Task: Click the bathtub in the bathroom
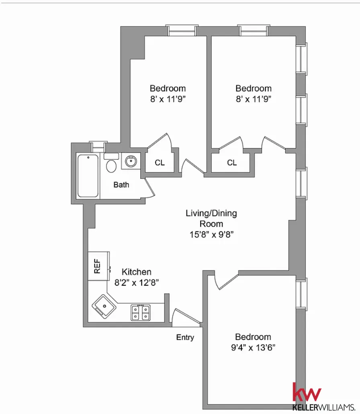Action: [88, 176]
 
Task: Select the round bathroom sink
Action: [130, 162]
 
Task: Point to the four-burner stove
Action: [141, 312]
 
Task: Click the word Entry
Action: [185, 337]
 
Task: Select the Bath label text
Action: [121, 185]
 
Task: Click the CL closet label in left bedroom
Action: [160, 163]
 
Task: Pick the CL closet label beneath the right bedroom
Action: [232, 163]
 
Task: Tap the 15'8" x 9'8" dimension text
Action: [211, 234]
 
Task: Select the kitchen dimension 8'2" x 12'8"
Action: [136, 282]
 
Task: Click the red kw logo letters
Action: [307, 391]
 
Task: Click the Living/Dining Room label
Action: [211, 218]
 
